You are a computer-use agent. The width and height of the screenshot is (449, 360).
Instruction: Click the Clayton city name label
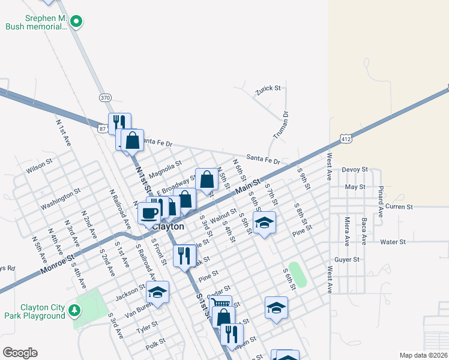tap(168, 227)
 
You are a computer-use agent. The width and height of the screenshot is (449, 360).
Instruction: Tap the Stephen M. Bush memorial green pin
tap(76, 22)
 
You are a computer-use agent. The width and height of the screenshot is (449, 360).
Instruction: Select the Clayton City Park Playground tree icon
tap(74, 310)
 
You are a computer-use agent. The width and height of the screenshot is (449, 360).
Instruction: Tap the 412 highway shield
tap(345, 139)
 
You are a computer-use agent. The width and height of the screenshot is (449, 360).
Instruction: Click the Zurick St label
tap(268, 89)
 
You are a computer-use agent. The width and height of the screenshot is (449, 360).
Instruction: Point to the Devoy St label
tap(354, 170)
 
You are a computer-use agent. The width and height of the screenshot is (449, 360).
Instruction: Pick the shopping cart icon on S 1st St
tap(221, 305)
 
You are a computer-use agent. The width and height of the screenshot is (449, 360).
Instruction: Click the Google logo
tap(20, 352)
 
